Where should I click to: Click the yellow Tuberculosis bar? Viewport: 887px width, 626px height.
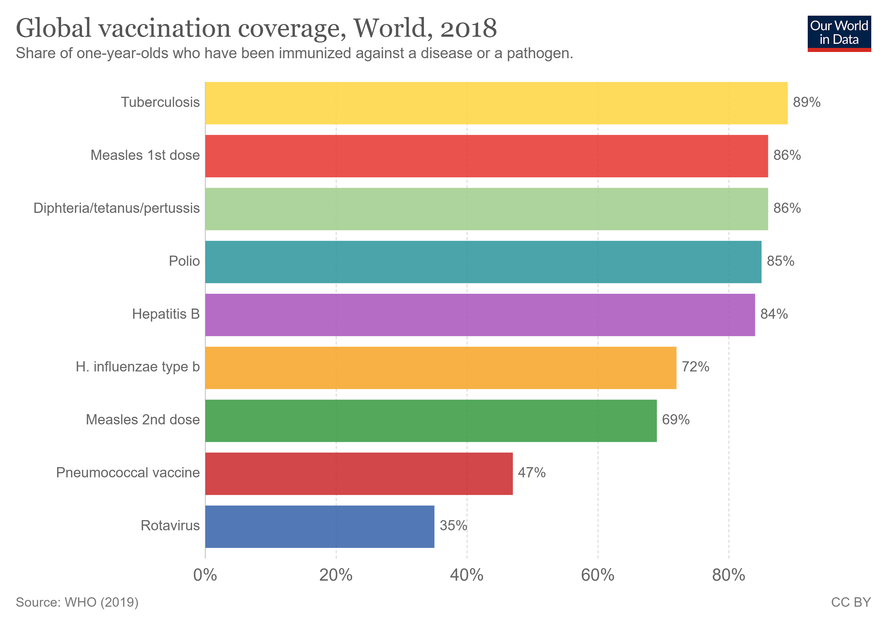click(x=496, y=103)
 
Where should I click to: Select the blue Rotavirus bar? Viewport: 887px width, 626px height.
click(x=319, y=526)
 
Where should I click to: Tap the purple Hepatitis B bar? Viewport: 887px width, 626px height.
click(x=480, y=315)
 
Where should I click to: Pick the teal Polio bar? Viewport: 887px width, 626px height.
click(x=483, y=262)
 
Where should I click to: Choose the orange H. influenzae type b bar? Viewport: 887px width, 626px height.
click(x=440, y=368)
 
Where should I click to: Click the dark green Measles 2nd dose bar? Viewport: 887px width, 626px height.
click(x=431, y=421)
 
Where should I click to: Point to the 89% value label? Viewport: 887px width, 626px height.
click(x=807, y=103)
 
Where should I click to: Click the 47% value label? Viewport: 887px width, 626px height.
click(x=531, y=473)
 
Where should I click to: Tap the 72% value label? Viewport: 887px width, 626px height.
click(x=695, y=367)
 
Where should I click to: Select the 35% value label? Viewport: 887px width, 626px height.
click(x=453, y=526)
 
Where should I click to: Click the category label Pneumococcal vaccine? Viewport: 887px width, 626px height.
click(x=128, y=473)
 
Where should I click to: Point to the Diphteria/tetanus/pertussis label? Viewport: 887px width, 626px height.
click(x=117, y=208)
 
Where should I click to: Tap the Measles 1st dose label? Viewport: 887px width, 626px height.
click(x=145, y=155)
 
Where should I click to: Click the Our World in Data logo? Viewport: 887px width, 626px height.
click(x=839, y=33)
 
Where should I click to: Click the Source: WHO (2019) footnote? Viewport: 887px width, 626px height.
click(x=77, y=603)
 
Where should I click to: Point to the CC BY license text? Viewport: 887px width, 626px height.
click(x=851, y=603)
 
